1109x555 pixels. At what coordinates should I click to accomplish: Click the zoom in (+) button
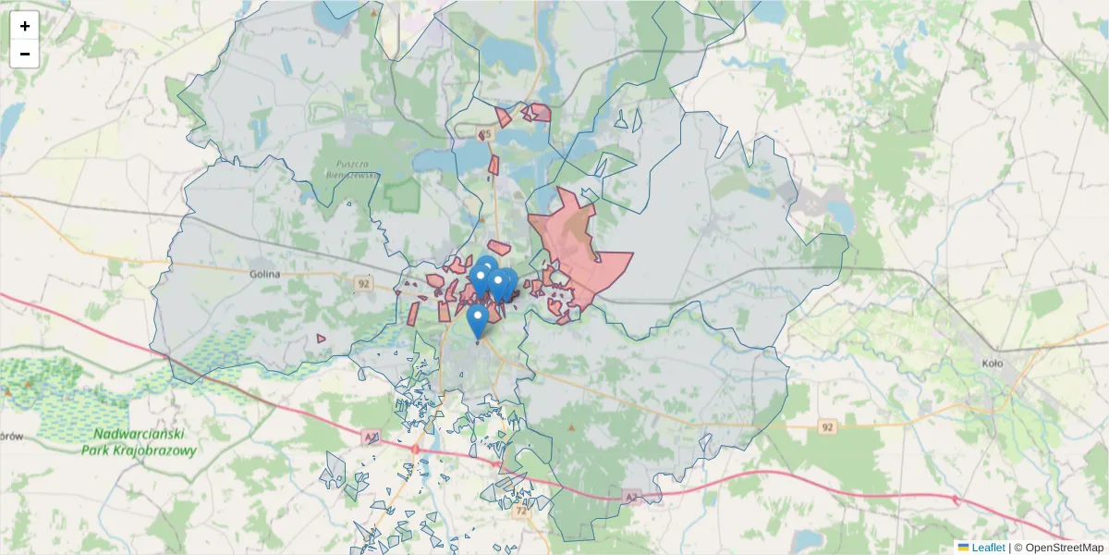(25, 26)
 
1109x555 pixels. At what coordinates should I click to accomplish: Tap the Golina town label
(264, 274)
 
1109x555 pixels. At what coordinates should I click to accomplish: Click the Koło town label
(993, 364)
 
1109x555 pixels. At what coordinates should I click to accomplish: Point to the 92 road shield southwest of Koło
(827, 426)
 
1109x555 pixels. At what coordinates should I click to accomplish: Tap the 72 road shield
(522, 510)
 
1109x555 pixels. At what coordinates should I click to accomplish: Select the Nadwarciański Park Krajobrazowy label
(145, 442)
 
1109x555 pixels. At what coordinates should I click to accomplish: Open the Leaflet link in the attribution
(988, 548)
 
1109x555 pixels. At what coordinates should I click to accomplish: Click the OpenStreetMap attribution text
(1058, 548)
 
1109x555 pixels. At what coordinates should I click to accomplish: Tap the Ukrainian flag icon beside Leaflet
(963, 548)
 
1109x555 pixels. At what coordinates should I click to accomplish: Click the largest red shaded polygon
(582, 250)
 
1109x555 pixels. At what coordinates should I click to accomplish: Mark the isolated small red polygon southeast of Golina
(321, 339)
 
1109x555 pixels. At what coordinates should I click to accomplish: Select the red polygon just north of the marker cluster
(499, 247)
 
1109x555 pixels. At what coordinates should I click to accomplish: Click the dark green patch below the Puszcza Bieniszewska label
(402, 195)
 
